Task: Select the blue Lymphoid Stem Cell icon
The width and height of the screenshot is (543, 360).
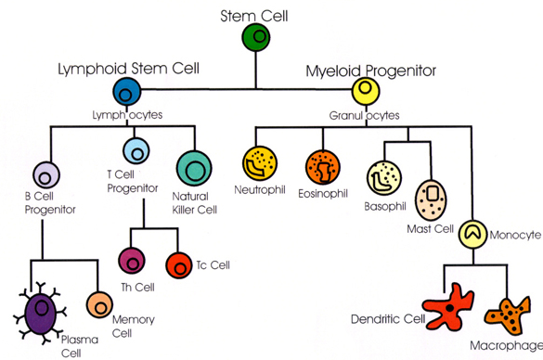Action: click(127, 91)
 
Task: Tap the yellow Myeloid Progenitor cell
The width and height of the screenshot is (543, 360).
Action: click(366, 91)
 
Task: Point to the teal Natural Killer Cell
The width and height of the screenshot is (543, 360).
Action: click(194, 169)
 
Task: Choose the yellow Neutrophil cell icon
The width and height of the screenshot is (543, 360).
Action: click(258, 164)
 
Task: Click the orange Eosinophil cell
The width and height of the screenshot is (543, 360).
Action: click(321, 166)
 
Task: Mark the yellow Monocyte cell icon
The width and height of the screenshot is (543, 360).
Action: click(474, 232)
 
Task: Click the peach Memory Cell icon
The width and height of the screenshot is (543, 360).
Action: click(100, 305)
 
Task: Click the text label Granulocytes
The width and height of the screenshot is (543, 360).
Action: click(364, 116)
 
